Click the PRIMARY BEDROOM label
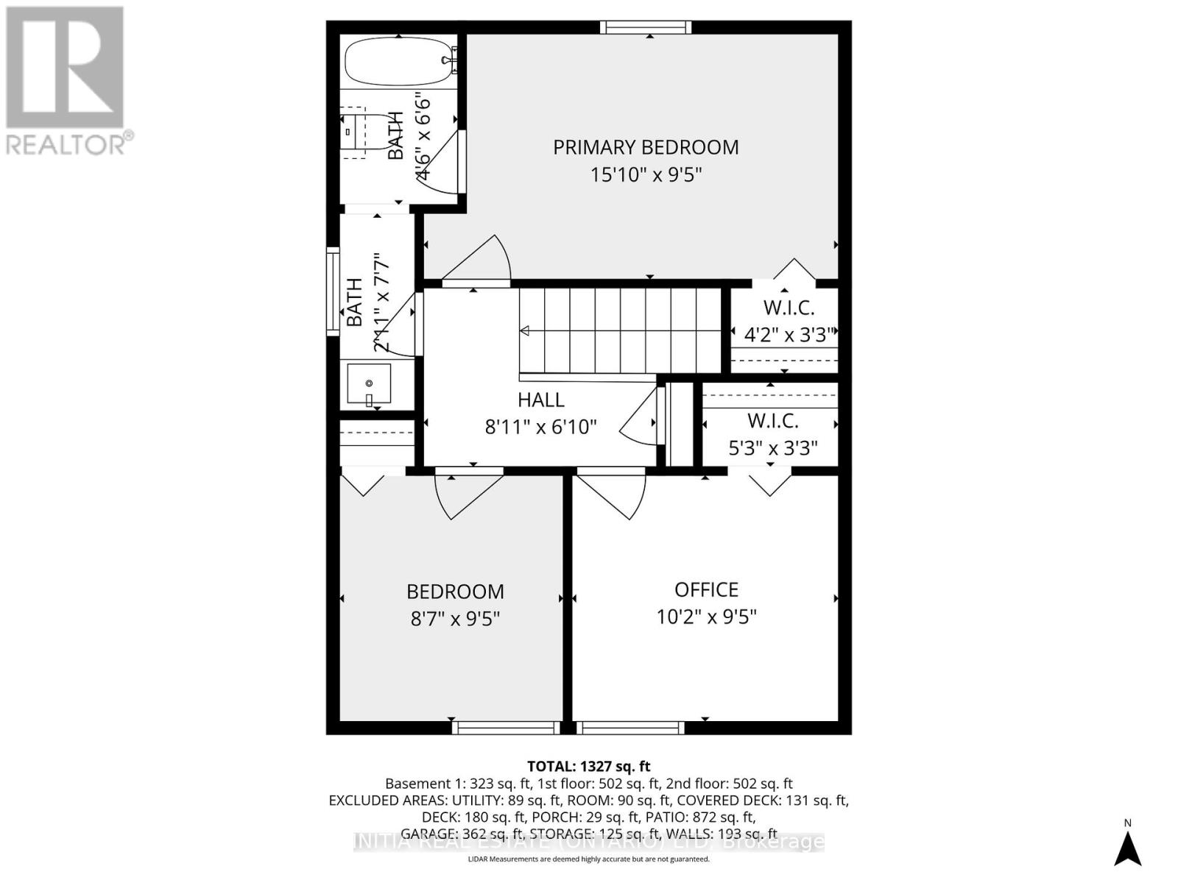[646, 147]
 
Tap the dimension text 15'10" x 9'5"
[646, 175]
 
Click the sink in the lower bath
[369, 384]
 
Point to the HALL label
[540, 400]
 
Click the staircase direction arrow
[525, 331]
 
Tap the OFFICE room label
[706, 589]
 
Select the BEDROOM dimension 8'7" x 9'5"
[455, 618]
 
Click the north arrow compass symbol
[1127, 847]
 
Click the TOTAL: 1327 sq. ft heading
[588, 766]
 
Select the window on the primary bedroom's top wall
[646, 27]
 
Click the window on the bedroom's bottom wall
[506, 728]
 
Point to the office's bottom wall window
[630, 728]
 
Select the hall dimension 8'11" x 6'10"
[540, 427]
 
